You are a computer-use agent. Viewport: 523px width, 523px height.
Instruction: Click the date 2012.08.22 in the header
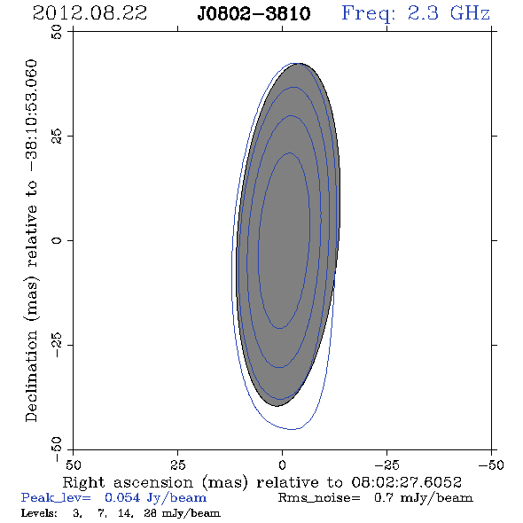[90, 13]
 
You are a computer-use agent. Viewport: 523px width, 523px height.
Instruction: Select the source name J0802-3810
[254, 14]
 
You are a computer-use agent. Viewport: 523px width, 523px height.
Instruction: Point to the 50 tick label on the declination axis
[57, 32]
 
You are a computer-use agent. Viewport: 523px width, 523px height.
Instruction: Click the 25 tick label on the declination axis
[57, 137]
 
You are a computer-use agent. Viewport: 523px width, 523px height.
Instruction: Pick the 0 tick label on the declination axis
[57, 240]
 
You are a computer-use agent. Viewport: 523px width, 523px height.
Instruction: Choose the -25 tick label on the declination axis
[57, 345]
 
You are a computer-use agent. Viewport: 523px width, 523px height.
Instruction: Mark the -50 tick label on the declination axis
[57, 449]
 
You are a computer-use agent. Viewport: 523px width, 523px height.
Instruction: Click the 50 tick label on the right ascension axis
[73, 464]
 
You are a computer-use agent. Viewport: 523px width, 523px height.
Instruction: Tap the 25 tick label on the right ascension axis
[177, 464]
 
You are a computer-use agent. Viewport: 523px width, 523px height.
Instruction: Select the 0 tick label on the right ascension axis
[282, 464]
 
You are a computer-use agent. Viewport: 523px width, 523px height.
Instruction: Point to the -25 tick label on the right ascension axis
[386, 464]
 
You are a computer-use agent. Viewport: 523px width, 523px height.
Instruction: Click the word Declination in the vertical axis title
[31, 376]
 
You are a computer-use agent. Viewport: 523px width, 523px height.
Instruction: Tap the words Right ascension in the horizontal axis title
[128, 483]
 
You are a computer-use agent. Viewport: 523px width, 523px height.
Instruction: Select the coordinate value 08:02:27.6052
[407, 482]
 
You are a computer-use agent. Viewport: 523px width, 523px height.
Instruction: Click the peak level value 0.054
[122, 497]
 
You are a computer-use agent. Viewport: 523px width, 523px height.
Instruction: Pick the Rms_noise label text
[319, 498]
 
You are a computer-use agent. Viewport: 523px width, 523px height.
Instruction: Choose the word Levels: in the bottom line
[39, 513]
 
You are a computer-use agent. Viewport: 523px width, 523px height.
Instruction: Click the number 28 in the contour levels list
[150, 513]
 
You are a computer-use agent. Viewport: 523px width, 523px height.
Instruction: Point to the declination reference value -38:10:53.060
[31, 115]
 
